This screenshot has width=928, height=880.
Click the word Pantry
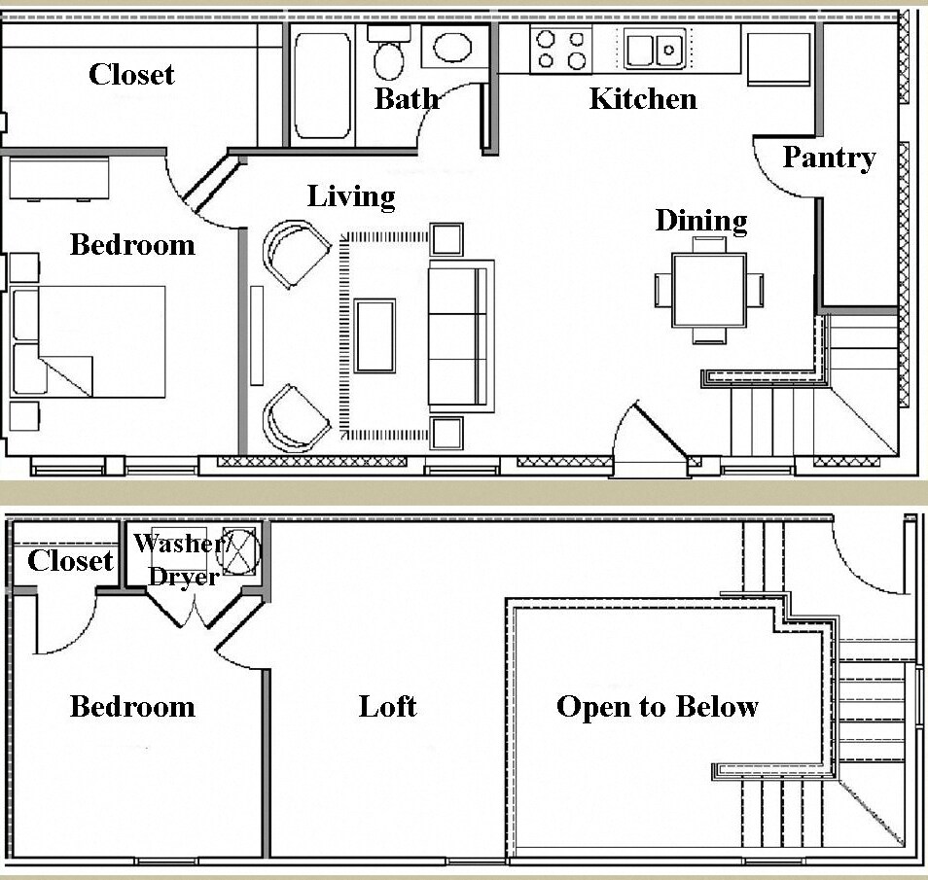coord(829,158)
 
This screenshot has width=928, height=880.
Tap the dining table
coord(709,290)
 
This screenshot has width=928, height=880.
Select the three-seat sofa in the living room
coord(461,334)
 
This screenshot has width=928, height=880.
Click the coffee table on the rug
coord(375,335)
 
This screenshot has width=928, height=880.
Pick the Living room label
coord(351,196)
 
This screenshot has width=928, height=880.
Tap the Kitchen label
coord(643,98)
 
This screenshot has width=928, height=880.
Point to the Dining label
coord(700,221)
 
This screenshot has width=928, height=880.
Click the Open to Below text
coord(657,706)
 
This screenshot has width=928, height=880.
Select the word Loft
coord(387,706)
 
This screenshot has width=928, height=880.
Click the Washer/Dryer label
coord(181,559)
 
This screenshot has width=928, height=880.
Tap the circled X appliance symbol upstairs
coord(243,547)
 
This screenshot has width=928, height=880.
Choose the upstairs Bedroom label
coord(132,706)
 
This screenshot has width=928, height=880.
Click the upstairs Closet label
coord(70,560)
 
